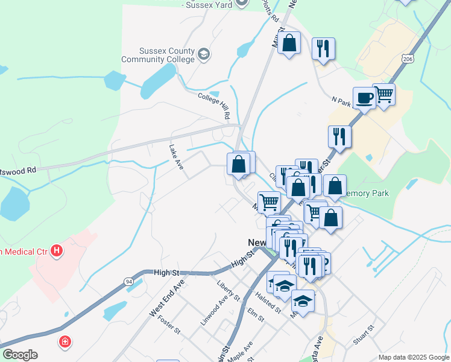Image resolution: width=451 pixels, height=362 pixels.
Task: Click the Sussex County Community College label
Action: click(158, 55)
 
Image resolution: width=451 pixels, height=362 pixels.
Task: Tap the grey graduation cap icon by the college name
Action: click(204, 55)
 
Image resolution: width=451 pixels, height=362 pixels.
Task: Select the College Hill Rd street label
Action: click(215, 105)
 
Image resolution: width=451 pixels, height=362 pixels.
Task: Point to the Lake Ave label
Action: click(176, 156)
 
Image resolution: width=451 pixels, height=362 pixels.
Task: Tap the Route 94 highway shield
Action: click(130, 282)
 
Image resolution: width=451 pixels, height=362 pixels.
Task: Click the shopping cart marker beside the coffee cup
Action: click(383, 94)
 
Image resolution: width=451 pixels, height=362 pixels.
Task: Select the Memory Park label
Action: click(367, 194)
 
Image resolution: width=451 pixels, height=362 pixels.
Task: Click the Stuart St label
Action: click(364, 334)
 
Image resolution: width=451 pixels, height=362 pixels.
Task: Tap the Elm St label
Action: click(256, 314)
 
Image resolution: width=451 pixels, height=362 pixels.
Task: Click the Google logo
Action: click(20, 355)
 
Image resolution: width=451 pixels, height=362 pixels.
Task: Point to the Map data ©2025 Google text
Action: click(413, 357)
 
